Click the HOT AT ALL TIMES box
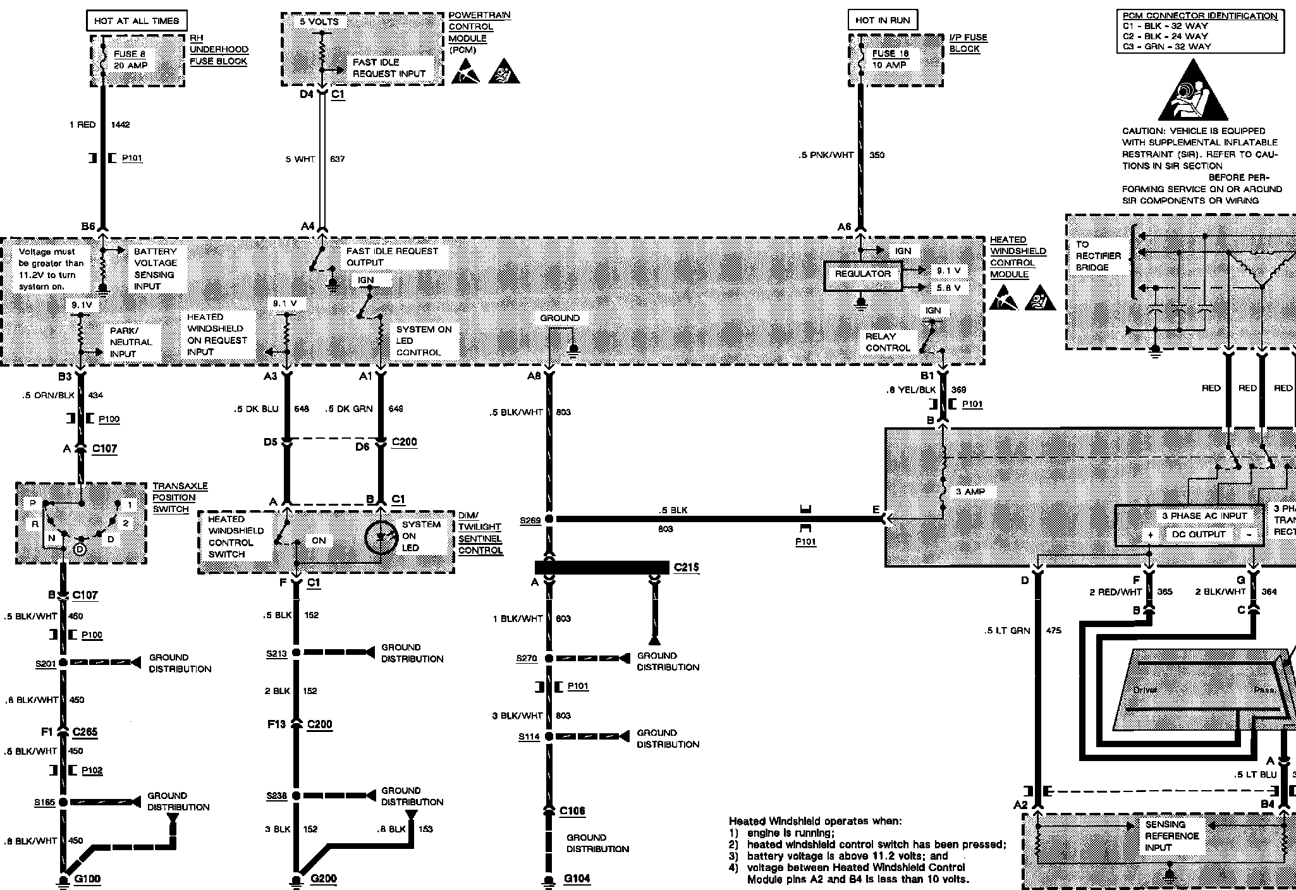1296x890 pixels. (x=137, y=21)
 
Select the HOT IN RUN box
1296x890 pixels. (x=883, y=20)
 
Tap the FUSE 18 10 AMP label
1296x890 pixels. (x=890, y=59)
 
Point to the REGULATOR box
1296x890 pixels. (x=862, y=274)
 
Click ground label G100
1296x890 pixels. (x=87, y=879)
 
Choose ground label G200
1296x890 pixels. (x=323, y=879)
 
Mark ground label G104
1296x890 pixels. (x=577, y=879)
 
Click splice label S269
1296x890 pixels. (x=530, y=520)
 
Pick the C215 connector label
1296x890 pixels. (x=686, y=567)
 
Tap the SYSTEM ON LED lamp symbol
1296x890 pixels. (x=381, y=537)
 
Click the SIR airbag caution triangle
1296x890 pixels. (x=1193, y=92)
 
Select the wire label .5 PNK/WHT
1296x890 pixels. (x=826, y=155)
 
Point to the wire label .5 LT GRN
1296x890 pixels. (x=1007, y=631)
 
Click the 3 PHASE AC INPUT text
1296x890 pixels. (x=1195, y=516)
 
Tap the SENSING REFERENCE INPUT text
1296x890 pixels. (x=1171, y=836)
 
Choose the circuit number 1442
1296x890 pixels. (x=120, y=125)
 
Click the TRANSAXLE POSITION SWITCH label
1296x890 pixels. (x=180, y=497)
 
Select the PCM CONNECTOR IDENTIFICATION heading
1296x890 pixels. (x=1200, y=16)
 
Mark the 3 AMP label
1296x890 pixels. (x=970, y=492)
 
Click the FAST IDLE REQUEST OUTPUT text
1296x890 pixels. (x=392, y=257)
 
